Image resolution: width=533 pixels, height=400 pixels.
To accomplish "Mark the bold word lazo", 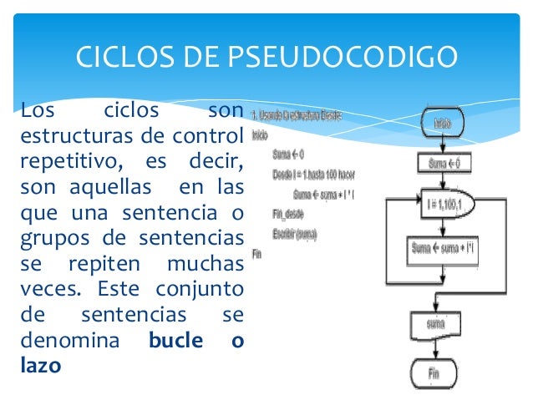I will pyautogui.click(x=41, y=365).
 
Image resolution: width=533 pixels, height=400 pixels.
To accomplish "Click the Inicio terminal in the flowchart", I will pyautogui.click(x=442, y=124).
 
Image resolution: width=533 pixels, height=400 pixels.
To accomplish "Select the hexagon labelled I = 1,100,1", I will pyautogui.click(x=442, y=204).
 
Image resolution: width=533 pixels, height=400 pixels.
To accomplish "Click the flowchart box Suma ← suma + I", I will pyautogui.click(x=442, y=248).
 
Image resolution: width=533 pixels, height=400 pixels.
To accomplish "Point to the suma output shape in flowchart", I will pyautogui.click(x=435, y=322).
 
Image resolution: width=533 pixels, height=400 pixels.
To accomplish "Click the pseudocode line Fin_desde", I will pyautogui.click(x=287, y=214).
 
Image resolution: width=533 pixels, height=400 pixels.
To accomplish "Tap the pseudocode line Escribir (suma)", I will pyautogui.click(x=294, y=234).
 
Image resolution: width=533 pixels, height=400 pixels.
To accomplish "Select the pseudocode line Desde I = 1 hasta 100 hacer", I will pyautogui.click(x=313, y=174).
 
